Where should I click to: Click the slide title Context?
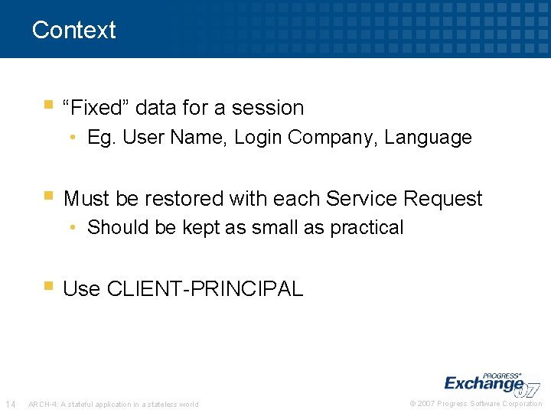[73, 30]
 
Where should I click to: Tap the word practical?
[367, 228]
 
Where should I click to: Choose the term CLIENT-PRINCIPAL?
[205, 289]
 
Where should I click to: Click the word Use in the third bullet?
[82, 289]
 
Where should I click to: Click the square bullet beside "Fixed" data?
[49, 104]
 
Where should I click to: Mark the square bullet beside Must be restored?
[49, 195]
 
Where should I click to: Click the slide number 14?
[11, 404]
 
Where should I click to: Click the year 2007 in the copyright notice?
[426, 404]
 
